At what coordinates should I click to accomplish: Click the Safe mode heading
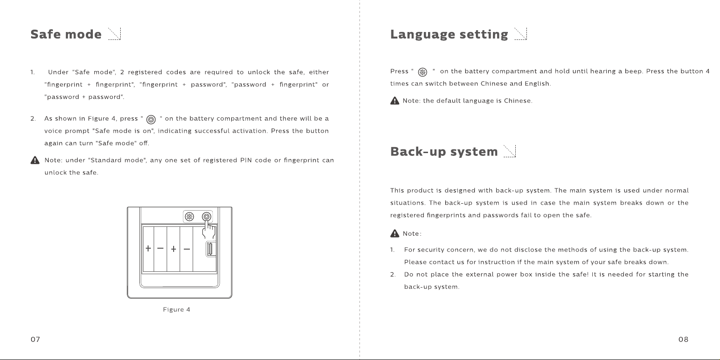pos(66,34)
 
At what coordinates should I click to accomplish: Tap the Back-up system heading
pos(444,152)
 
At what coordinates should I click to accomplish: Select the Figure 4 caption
pos(176,309)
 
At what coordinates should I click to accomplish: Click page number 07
pos(35,340)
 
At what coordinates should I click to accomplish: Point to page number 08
pos(683,340)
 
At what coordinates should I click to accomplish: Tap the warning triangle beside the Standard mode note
pos(35,160)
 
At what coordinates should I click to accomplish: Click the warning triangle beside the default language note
pos(395,101)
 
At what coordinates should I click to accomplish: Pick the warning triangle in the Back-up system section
pos(395,233)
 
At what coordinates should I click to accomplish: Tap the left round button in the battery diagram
pos(189,217)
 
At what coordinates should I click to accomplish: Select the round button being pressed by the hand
pos(207,217)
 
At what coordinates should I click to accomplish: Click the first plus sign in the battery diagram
pos(148,248)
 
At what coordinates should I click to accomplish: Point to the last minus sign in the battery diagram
pos(187,249)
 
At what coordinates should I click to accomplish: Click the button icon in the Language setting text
pos(423,72)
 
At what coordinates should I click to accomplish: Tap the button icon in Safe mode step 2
pos(151,120)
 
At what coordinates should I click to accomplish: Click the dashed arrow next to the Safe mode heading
pos(114,34)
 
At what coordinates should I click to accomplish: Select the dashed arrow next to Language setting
pos(521,34)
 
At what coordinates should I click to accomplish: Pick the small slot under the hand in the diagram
pos(210,249)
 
